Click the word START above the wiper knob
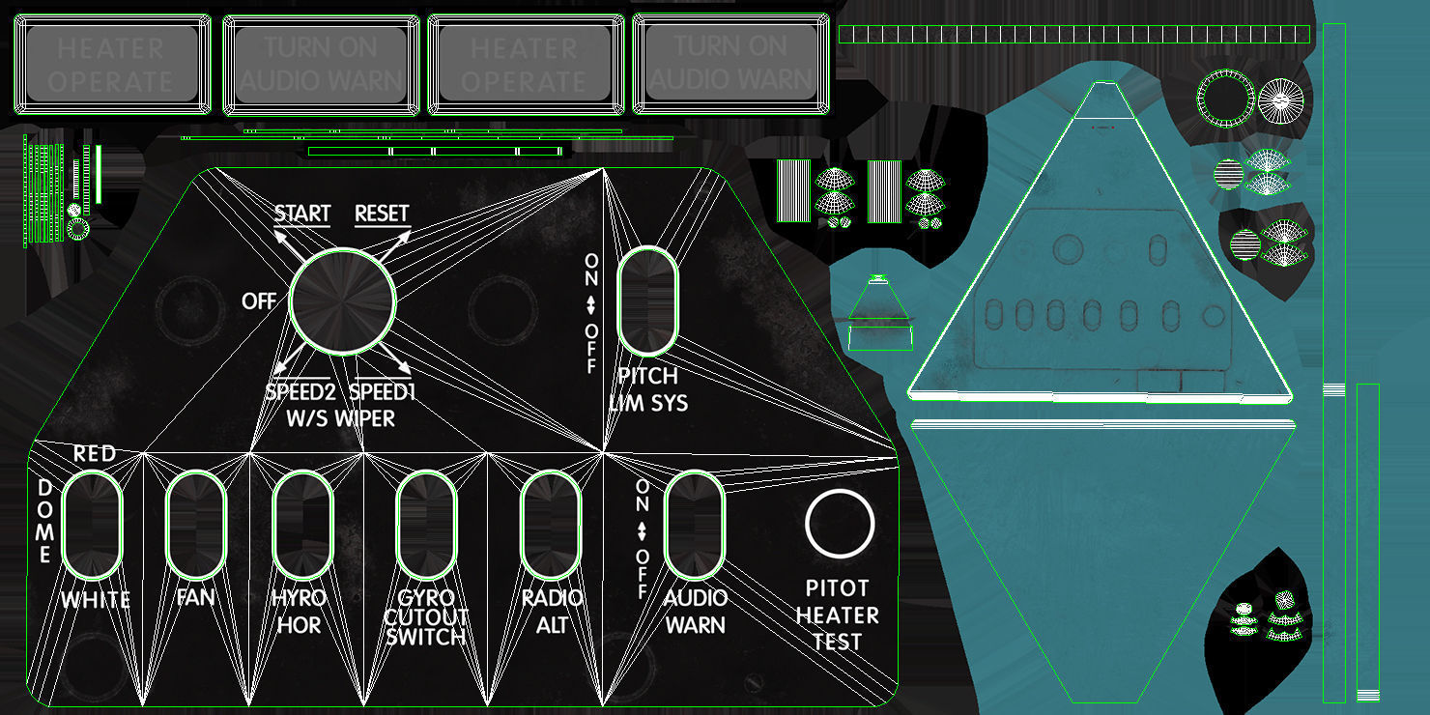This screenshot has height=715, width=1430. (x=302, y=214)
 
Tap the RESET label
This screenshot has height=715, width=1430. (x=382, y=214)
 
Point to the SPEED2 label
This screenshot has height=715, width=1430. (x=300, y=392)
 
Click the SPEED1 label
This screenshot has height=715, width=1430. (x=383, y=392)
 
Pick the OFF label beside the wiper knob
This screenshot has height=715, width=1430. (x=259, y=301)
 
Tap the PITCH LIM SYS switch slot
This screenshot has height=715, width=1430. (x=647, y=300)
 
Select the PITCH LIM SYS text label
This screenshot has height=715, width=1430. (x=648, y=389)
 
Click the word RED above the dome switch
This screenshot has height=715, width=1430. (x=95, y=453)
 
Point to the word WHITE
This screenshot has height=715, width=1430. (x=96, y=600)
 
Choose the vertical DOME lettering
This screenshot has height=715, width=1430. (x=44, y=522)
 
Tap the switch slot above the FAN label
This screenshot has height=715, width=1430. (x=195, y=526)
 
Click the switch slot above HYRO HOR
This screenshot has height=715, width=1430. (x=302, y=526)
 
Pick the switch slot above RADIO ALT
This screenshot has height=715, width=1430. (x=551, y=526)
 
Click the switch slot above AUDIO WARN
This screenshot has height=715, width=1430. (x=695, y=526)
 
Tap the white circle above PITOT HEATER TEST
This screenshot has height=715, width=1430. (x=840, y=525)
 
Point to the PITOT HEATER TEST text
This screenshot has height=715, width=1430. (x=838, y=615)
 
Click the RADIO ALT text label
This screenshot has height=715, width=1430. (x=552, y=612)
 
